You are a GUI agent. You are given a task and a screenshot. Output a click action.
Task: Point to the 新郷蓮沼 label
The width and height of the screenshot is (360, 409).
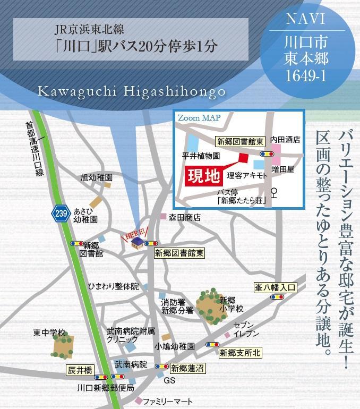tap(187, 367)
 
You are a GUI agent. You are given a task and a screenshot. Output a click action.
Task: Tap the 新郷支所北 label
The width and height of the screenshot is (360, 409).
tap(241, 352)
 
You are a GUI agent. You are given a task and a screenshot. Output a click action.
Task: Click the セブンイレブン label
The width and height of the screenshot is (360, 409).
tap(246, 329)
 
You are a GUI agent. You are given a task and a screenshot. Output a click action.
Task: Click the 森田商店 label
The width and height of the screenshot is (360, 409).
tap(185, 217)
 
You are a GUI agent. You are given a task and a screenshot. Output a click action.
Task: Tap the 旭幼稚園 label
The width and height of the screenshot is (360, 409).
tap(97, 177)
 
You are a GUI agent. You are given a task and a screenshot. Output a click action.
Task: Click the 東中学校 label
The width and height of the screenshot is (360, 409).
tap(49, 333)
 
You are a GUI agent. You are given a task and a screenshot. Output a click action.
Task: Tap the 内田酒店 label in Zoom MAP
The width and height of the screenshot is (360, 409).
tap(285, 140)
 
